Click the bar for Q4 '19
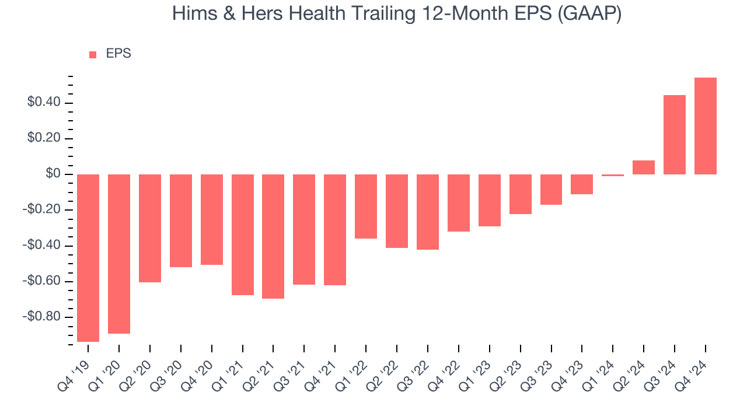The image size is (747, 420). (x=88, y=258)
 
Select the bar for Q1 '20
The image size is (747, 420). (x=119, y=254)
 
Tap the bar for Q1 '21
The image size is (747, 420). (x=243, y=235)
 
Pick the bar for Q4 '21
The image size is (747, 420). (x=335, y=230)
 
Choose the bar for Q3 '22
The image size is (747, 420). (x=428, y=212)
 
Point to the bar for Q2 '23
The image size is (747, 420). (x=520, y=194)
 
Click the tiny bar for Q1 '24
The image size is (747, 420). (x=613, y=175)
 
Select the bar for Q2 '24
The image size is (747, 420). (x=644, y=167)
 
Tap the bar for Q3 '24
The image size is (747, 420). (x=675, y=135)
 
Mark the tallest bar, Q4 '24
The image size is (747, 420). (x=706, y=126)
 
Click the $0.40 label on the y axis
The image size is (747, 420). (x=43, y=103)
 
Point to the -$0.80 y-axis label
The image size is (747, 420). (x=41, y=317)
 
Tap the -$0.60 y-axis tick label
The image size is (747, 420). (x=41, y=282)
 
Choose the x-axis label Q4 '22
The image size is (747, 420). (x=445, y=369)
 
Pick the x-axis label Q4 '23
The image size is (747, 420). (x=568, y=369)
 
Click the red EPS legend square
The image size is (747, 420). (x=93, y=55)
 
